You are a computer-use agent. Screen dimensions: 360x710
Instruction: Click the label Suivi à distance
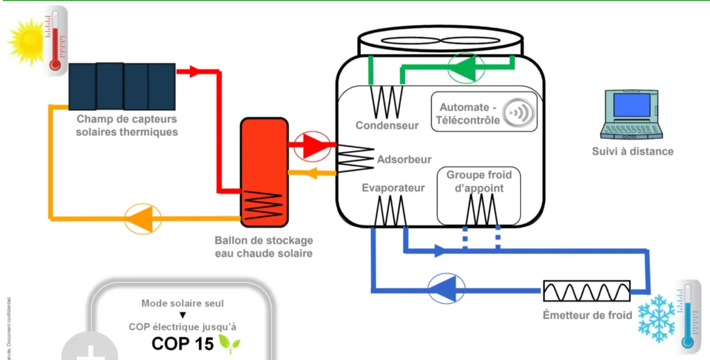(x=632, y=151)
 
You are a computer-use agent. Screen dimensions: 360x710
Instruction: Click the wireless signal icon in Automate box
(x=518, y=113)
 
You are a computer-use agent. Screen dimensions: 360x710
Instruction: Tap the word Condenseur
(x=387, y=126)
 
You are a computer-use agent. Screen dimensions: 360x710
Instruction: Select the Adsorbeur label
(x=404, y=160)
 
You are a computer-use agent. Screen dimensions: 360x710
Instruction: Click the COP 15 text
(x=182, y=343)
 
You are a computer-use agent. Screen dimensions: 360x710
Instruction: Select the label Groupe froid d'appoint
(x=479, y=181)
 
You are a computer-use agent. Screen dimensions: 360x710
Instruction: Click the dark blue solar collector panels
(x=122, y=86)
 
